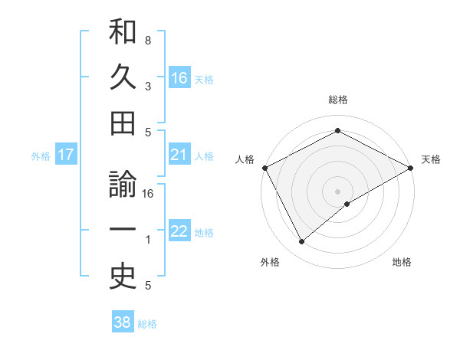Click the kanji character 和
[123, 33]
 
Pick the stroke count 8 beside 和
[148, 39]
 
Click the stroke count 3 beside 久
[148, 86]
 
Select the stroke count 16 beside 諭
[148, 194]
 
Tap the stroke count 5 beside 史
[148, 286]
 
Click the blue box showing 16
[179, 77]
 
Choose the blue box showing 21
[179, 155]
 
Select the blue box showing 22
[179, 231]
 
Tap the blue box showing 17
[66, 155]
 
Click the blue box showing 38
[123, 322]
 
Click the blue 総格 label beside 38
[147, 324]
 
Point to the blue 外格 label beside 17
[41, 156]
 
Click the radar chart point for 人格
[264, 167]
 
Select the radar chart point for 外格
[302, 242]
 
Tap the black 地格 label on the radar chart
[402, 263]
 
